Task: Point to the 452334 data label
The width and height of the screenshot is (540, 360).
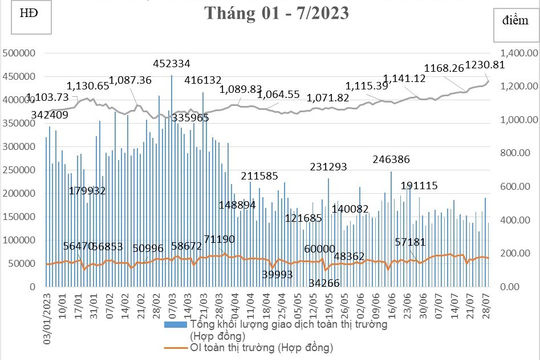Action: [174, 64]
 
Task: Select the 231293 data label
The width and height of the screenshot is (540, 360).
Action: [329, 166]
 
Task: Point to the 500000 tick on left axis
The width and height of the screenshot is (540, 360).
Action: [22, 53]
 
